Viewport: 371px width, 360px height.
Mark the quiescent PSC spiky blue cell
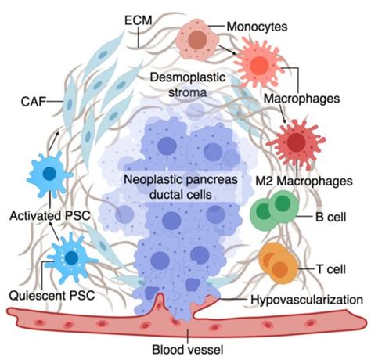[69, 255]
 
